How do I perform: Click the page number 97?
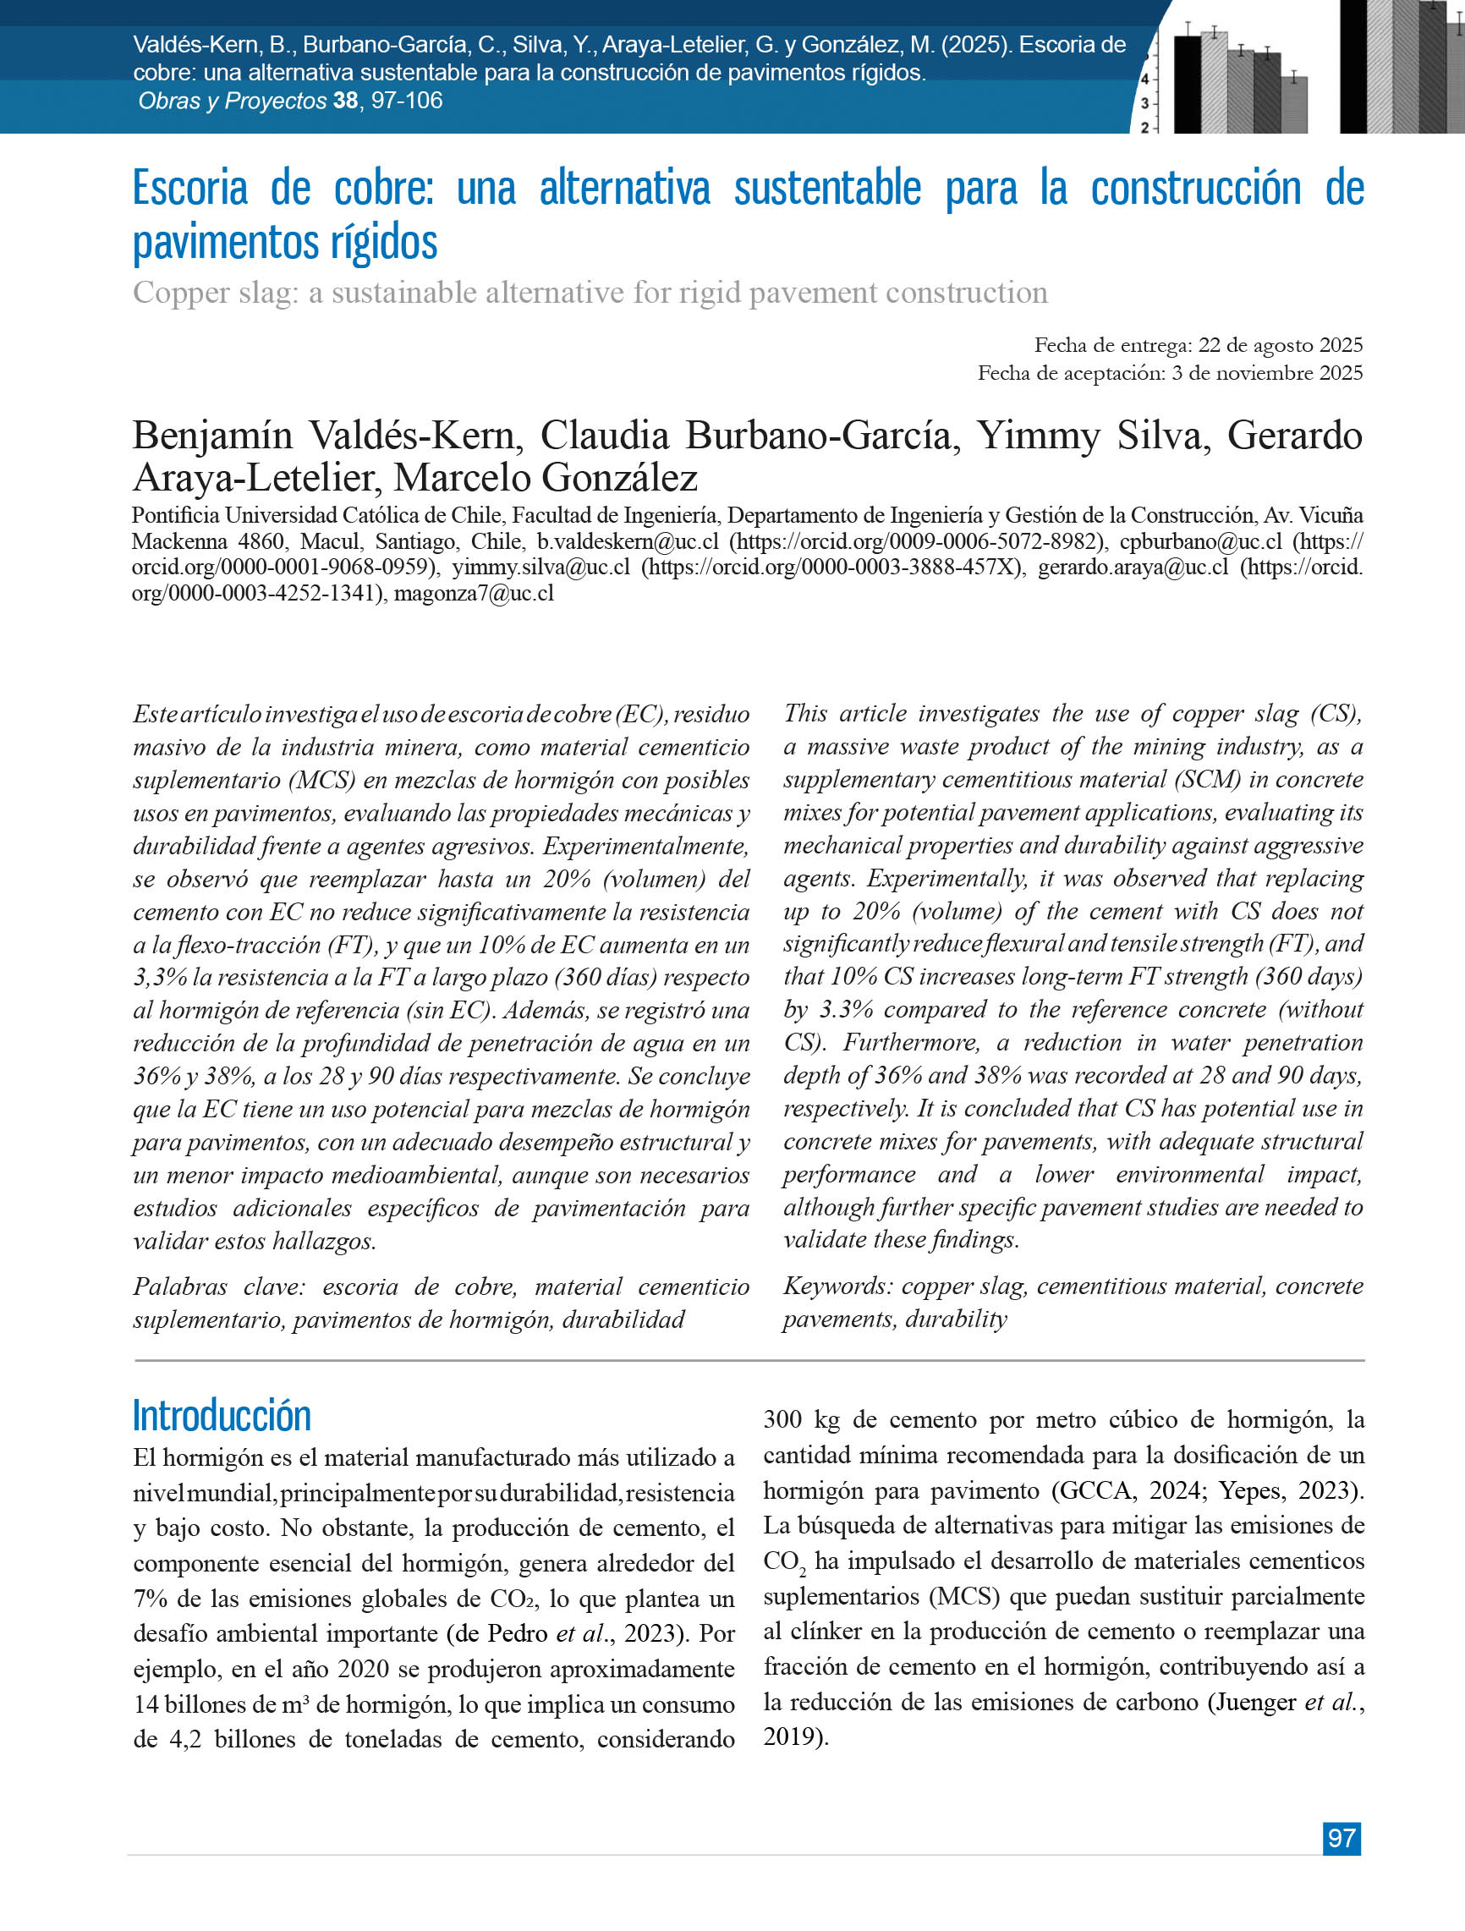(1341, 1838)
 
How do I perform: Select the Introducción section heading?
(222, 1415)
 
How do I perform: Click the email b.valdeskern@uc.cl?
(628, 541)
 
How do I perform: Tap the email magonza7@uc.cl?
(473, 594)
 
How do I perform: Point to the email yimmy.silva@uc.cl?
(540, 568)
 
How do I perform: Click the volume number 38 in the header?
(345, 101)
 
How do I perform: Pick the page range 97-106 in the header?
(407, 101)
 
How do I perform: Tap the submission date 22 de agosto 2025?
(1280, 345)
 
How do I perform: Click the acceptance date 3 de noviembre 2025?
(1267, 373)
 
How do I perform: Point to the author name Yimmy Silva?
(1093, 436)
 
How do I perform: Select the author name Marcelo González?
(546, 478)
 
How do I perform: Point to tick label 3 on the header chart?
(1144, 103)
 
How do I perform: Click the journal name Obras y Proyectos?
(233, 101)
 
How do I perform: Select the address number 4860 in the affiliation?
(261, 541)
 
